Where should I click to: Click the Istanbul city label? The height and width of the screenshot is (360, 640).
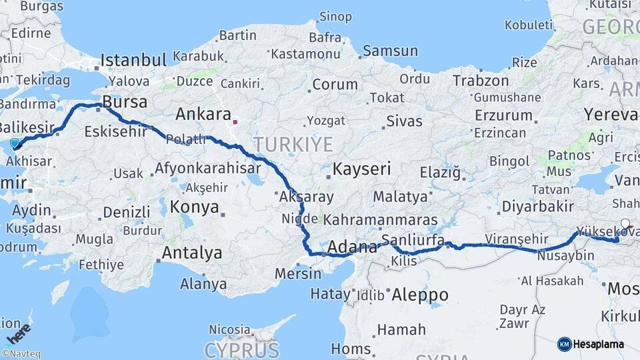pos(133,60)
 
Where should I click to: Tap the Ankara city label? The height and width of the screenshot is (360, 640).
pos(203,114)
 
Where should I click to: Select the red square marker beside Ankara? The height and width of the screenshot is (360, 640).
pos(235,122)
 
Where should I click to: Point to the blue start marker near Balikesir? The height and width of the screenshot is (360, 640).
pos(15,143)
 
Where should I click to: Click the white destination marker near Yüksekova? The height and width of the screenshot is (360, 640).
pos(625,224)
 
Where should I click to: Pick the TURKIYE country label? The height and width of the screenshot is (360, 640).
pos(293,144)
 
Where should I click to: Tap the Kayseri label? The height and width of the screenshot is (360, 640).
pos(361,169)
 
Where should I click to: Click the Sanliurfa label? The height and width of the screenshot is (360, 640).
pos(413,240)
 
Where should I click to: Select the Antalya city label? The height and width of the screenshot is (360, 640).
pos(192,253)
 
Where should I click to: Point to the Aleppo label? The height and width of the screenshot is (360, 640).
pos(419,294)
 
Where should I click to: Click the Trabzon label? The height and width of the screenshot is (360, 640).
pos(481,81)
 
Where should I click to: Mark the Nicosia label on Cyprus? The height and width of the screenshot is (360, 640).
pos(229,329)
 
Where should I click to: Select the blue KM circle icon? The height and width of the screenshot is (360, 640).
pos(564,344)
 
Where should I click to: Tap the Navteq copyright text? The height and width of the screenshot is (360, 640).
pos(21,354)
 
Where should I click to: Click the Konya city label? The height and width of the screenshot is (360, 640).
pos(194,207)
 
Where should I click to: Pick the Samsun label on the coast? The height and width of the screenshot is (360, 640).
pos(390,51)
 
